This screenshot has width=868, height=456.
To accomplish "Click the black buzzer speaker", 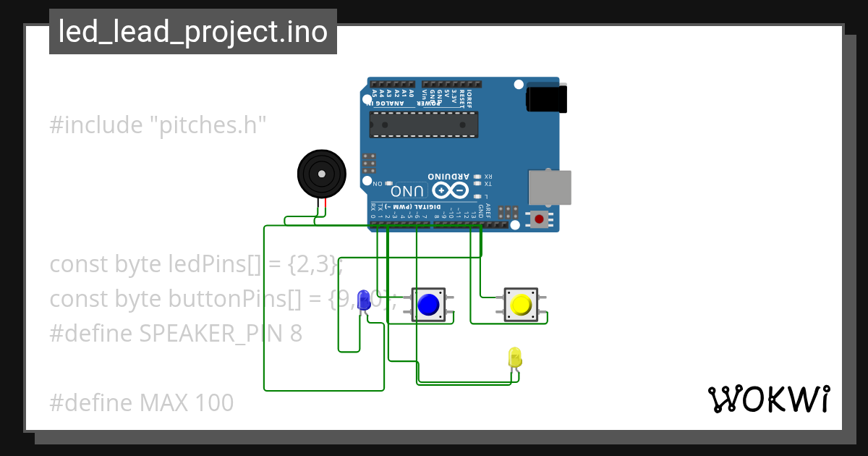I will pyautogui.click(x=321, y=174).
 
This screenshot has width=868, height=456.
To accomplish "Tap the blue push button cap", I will pyautogui.click(x=428, y=305).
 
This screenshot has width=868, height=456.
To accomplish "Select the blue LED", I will pyautogui.click(x=364, y=300).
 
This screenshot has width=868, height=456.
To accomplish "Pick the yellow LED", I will pyautogui.click(x=514, y=357).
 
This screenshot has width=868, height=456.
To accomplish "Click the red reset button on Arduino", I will pyautogui.click(x=539, y=219).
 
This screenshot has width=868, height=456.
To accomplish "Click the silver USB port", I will pyautogui.click(x=550, y=187).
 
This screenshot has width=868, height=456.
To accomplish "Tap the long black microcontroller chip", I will pyautogui.click(x=423, y=124).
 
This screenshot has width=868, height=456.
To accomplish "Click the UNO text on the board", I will pyautogui.click(x=407, y=191).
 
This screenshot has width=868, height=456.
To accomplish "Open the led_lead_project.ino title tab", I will pyautogui.click(x=192, y=32).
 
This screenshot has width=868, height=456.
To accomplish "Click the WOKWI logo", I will pyautogui.click(x=768, y=399).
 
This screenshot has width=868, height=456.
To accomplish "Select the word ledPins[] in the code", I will pyautogui.click(x=214, y=265).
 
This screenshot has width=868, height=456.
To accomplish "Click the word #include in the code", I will pyautogui.click(x=96, y=125).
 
